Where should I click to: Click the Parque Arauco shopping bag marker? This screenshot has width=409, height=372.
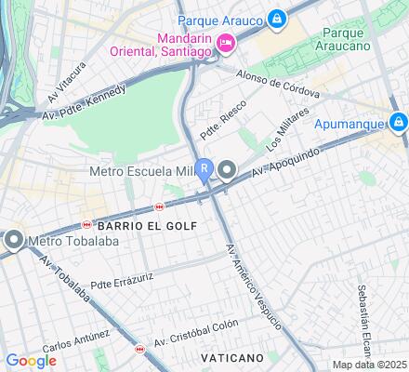(x=277, y=18)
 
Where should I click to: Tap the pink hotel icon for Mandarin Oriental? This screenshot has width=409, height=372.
(x=225, y=43)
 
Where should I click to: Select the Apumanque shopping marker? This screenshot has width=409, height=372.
(x=398, y=122)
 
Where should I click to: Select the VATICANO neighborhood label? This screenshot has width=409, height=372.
(x=232, y=357)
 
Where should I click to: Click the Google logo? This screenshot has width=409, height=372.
(x=31, y=360)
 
